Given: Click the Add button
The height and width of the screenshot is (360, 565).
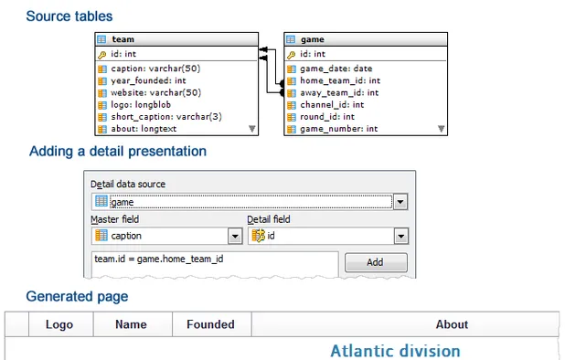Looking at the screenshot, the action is coord(376,262).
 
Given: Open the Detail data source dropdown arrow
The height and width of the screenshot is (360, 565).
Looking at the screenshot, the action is coord(400,202).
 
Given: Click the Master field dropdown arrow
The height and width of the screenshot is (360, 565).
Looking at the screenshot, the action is coord(235,236).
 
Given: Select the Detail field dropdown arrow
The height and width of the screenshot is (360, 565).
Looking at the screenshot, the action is coord(400,236).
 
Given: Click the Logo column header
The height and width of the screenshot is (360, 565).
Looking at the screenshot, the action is coord(59,324).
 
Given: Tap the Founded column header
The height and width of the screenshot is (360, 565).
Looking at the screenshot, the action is coord(210,324).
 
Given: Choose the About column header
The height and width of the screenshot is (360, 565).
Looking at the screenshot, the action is coord(452,324).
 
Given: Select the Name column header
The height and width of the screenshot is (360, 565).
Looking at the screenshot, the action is coord(131,324).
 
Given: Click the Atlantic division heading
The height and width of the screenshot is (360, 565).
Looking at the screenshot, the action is coord(395,351).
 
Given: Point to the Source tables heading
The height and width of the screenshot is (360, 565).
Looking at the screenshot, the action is coord(69,16).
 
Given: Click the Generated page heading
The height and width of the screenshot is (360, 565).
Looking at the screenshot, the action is coord(77,296).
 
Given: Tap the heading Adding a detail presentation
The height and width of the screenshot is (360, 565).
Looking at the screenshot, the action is coord(118,151).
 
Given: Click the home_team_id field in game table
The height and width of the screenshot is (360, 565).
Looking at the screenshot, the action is coord(339,80).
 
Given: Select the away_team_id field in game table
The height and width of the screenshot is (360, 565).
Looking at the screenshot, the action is coord(339,92).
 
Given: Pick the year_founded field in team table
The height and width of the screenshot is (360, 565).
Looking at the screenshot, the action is coord(148,80).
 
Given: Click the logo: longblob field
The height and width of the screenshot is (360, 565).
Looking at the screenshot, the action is coord(143,104).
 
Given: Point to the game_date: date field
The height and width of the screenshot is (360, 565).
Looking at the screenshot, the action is coord(336,69).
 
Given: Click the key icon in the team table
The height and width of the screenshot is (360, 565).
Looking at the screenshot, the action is coord(101,54).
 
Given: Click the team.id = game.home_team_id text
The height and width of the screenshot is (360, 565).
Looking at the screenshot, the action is coord(159,259).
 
